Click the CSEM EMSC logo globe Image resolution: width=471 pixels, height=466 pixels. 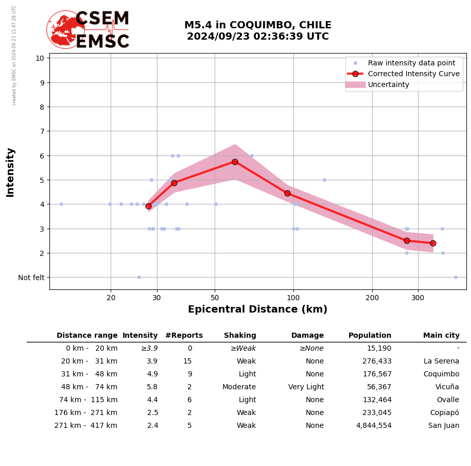pos(66,30)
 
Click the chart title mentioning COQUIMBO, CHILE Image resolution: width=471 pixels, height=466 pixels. pos(257,31)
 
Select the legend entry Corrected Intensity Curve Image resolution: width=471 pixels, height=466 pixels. pos(413,74)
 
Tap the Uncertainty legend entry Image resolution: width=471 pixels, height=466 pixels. pos(388,84)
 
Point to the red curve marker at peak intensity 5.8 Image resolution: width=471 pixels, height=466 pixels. pos(235,162)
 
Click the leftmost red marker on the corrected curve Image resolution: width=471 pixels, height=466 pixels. pos(148,206)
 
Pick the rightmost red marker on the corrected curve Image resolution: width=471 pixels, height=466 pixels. pos(433,243)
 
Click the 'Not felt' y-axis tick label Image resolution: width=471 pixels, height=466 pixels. pos(31,278)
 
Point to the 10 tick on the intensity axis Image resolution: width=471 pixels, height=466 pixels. pos(40,58)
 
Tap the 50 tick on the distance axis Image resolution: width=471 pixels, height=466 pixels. pos(215,298)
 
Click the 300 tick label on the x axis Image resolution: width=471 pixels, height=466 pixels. pos(417,298)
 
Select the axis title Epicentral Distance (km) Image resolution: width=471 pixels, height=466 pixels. pos(257,309)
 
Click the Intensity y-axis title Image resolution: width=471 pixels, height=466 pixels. pos(10,172)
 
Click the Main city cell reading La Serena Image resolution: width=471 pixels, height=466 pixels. pos(441,361)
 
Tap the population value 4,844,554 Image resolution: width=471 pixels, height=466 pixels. pos(374,426)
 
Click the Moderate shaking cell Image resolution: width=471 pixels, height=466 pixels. pos(239,387)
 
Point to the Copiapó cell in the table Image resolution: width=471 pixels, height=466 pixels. pos(444,413)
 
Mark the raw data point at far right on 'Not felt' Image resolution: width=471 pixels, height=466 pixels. pos(456,277)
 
